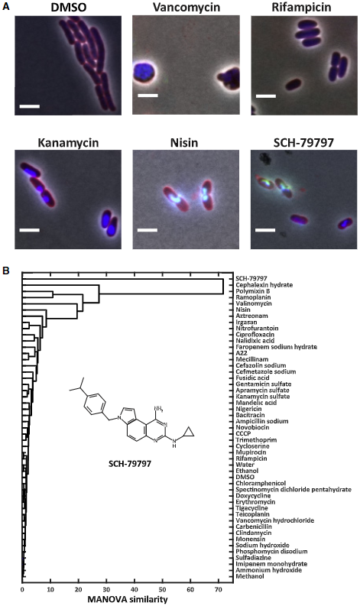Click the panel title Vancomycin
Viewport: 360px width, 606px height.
pos(186,7)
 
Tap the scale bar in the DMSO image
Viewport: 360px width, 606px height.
pos(29,106)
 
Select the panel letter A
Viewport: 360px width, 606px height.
pos(5,6)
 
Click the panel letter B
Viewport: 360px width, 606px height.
pos(5,271)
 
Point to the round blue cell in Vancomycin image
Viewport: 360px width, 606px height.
pos(144,74)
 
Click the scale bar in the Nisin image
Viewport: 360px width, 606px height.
pos(148,230)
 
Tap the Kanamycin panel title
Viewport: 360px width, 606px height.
pos(68,143)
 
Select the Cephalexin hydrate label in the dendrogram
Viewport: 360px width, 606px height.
pos(264,285)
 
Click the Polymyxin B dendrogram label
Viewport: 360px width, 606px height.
pos(253,291)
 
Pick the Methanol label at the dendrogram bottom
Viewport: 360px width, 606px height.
pos(250,576)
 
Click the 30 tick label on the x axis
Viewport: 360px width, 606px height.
pos(106,590)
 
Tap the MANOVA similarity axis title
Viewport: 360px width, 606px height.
pos(128,599)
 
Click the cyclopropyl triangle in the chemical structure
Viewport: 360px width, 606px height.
pos(188,432)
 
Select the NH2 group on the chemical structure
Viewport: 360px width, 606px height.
pos(158,408)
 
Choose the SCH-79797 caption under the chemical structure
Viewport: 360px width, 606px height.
pos(129,463)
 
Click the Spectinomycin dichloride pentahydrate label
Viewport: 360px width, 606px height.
pos(294,489)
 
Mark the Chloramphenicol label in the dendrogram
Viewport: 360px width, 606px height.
pos(261,483)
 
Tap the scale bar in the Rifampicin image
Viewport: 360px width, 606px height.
pos(266,96)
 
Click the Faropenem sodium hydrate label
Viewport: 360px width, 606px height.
pos(276,347)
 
